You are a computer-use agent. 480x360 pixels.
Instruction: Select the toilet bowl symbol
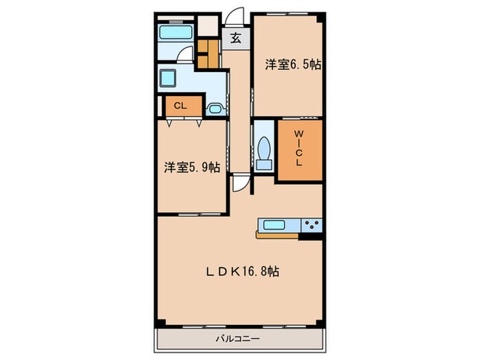coord(264,148)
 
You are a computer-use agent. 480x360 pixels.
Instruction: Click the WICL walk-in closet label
coord(299,148)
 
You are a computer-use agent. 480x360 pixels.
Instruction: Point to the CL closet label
coord(180,106)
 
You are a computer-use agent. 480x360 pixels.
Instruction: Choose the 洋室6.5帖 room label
coord(293,64)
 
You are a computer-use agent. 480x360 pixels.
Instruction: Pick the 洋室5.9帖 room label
coord(192,167)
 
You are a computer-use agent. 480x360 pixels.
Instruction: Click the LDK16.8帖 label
coord(242,272)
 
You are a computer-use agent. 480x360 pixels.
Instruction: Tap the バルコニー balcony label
coord(238,339)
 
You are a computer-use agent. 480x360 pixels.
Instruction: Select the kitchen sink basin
coord(274,226)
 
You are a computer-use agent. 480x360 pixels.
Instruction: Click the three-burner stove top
coord(311,225)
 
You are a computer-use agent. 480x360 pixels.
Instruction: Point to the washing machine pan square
coord(167,78)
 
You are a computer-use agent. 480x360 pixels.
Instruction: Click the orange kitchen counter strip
coord(277,235)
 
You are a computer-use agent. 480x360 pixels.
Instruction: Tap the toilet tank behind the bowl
coord(264,165)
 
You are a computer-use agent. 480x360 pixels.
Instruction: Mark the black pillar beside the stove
coord(311,236)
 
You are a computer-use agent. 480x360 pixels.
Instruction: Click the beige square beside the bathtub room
coord(208,26)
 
